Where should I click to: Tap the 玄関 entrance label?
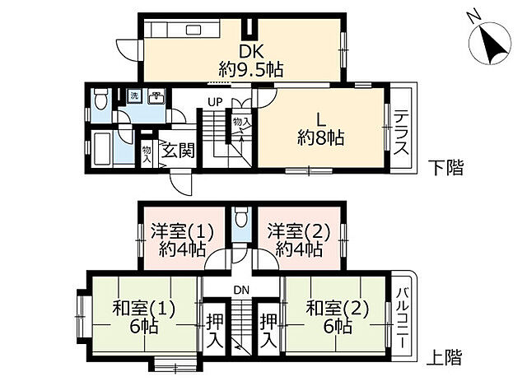pos(176,151)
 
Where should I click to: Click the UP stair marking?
pos(215,102)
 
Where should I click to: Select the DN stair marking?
pos(240,289)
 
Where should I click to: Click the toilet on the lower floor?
pos(100,100)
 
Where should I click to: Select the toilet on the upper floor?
pos(240,219)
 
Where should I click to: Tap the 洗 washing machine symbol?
pos(134,97)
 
